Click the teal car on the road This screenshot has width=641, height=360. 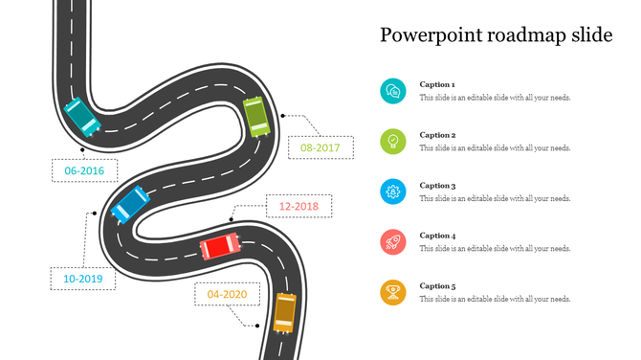coord(79,116)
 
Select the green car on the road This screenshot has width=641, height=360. coord(255,116)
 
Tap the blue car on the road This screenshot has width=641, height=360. coord(129,202)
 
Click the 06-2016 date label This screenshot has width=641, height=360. coord(84,171)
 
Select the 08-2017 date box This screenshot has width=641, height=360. coord(320,148)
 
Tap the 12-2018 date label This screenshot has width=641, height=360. coord(298,206)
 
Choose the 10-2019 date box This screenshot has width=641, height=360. coord(83,280)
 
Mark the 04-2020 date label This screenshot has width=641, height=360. coord(227,294)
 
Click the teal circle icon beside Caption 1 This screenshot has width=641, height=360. coord(392,91)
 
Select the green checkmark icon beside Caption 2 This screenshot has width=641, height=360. coord(392,142)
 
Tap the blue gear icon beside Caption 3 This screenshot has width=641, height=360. coord(392,191)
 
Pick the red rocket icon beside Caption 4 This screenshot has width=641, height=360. coord(392,242)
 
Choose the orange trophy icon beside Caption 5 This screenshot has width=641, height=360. coord(392,292)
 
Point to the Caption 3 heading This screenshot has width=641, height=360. coord(437,186)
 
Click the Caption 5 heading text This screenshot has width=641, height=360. coord(437,286)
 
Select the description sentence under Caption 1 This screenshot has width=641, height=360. coord(495,98)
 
